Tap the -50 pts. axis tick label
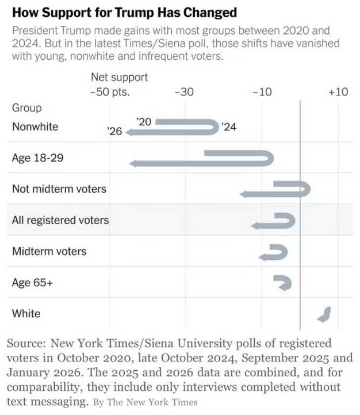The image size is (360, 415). click(x=110, y=92)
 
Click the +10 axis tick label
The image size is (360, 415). click(x=338, y=92)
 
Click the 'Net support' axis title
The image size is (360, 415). click(x=119, y=77)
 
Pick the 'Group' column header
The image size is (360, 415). click(x=26, y=108)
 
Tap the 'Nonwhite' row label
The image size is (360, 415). click(x=35, y=126)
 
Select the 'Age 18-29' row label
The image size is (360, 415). click(x=37, y=157)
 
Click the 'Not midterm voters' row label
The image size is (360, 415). click(x=59, y=189)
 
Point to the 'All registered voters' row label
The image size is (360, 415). click(x=60, y=220)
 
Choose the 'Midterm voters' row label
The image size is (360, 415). click(x=49, y=251)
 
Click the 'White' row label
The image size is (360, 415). click(x=26, y=314)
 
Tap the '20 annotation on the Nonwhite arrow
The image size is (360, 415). click(x=144, y=121)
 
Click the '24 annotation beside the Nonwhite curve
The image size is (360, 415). click(x=229, y=127)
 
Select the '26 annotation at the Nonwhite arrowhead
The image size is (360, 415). click(x=115, y=132)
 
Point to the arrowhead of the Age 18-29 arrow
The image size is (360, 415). click(x=134, y=164)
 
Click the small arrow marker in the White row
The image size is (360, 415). click(x=325, y=314)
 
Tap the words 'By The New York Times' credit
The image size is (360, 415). click(x=145, y=402)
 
